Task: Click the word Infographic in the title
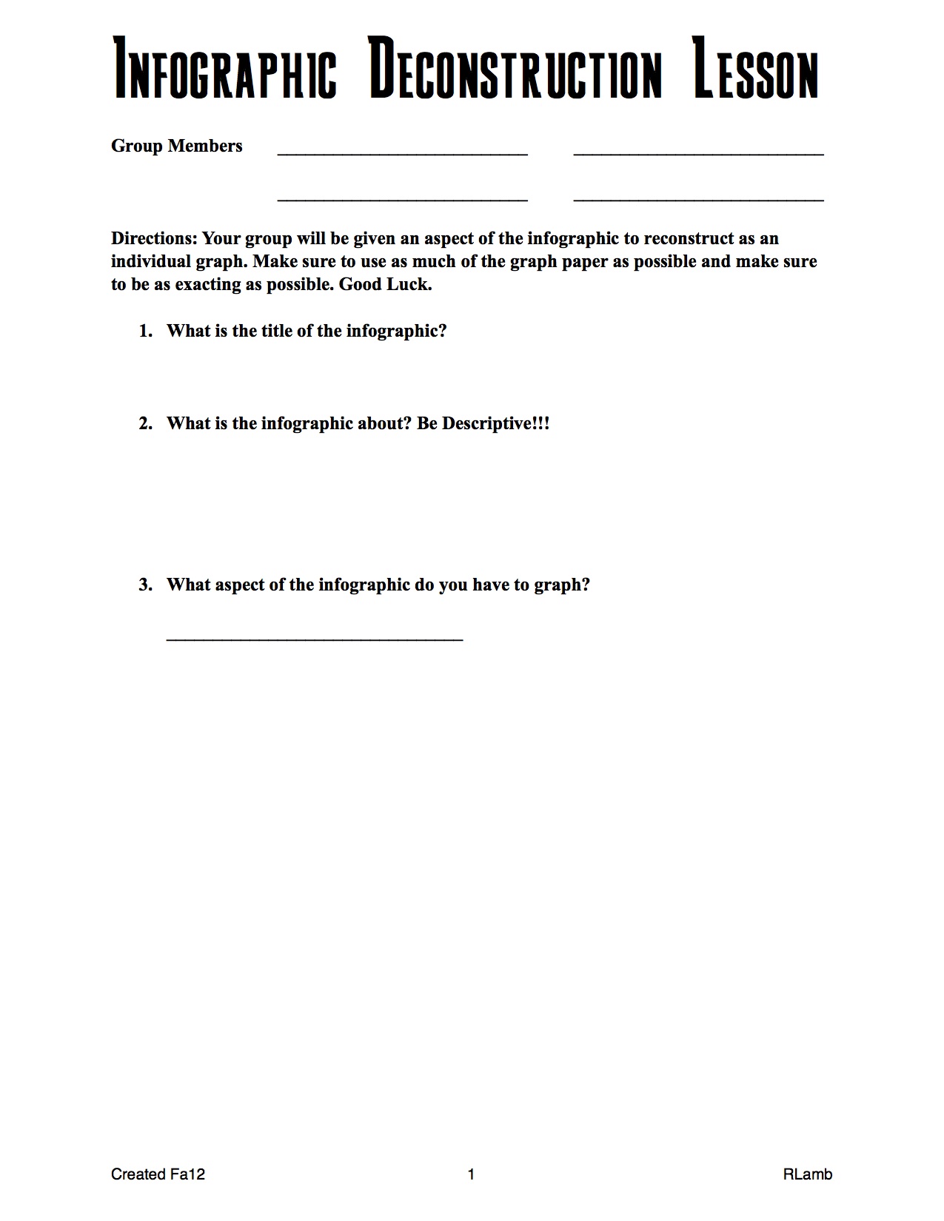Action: [225, 69]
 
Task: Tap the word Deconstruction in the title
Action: [515, 69]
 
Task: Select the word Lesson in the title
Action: [756, 69]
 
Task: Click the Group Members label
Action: [177, 146]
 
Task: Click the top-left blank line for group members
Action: [402, 153]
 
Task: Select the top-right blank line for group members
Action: [698, 153]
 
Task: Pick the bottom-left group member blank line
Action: [402, 199]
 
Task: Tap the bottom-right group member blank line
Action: [698, 199]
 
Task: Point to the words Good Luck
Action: [385, 284]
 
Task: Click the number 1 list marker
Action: [145, 331]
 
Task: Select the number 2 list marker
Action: [145, 423]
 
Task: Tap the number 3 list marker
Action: [145, 585]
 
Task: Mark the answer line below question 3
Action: [315, 639]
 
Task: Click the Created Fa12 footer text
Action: [158, 1174]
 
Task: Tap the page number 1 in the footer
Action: [471, 1174]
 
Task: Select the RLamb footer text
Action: [807, 1174]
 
